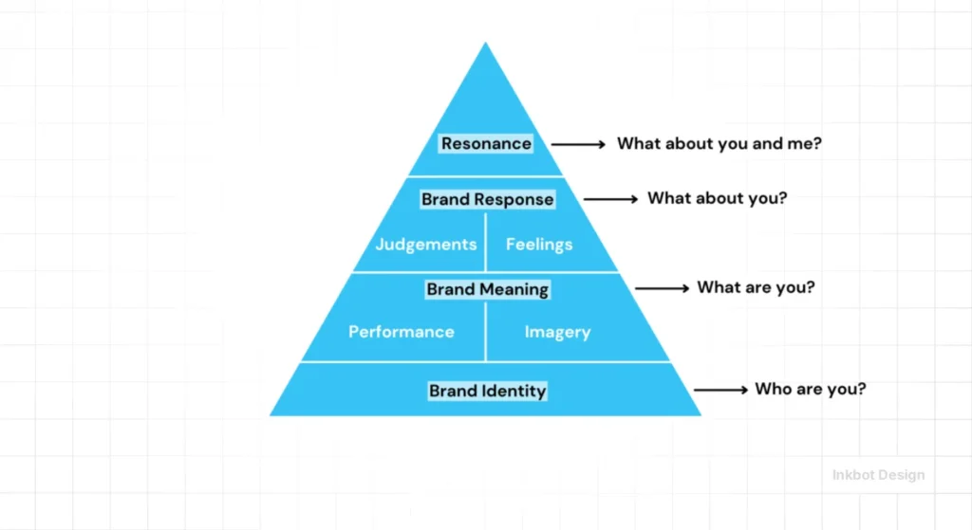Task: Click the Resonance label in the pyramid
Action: (486, 144)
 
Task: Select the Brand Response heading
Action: (487, 200)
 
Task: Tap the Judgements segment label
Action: (425, 245)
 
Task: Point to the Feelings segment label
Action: (538, 245)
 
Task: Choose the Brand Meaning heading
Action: (487, 289)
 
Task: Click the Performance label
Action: (401, 332)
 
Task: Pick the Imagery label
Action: (557, 332)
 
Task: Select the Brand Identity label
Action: (487, 391)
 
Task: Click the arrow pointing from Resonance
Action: (578, 144)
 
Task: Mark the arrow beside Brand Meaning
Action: (662, 288)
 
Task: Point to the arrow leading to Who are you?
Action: (720, 390)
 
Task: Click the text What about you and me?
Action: (719, 144)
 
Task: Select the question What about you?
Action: (717, 199)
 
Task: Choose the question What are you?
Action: (756, 287)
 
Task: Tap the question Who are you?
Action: (810, 389)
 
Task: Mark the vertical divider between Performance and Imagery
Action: (486, 332)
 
